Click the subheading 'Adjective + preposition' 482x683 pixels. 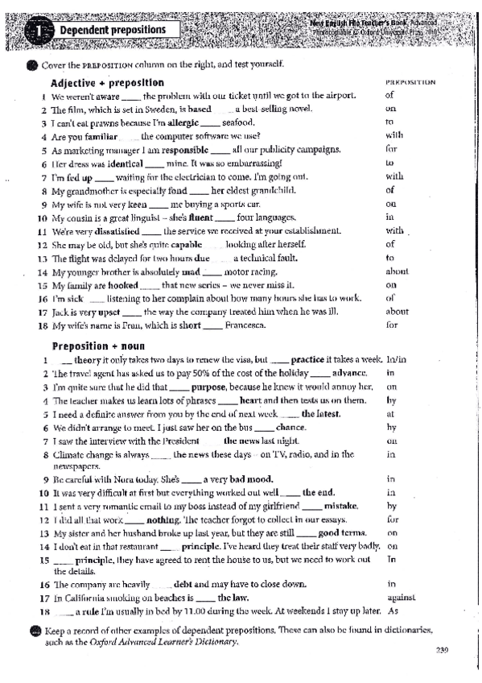[107, 83]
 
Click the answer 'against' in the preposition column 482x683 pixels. [400, 598]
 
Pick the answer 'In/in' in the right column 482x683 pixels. [395, 359]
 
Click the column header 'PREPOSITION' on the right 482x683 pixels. [411, 82]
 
